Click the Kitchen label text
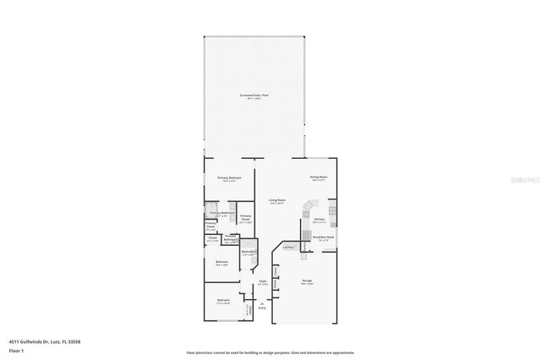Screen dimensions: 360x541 (320, 220)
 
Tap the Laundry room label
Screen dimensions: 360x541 (288, 247)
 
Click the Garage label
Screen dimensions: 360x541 (308, 281)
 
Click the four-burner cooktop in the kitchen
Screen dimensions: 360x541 (332, 209)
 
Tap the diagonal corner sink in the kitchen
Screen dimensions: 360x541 (309, 206)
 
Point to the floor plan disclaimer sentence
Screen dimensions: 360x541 (270, 352)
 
